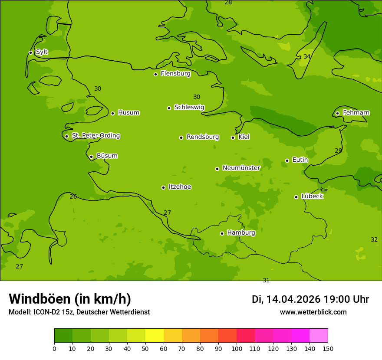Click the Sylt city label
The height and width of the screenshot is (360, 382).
[x=42, y=52]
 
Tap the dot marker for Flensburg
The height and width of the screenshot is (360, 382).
[x=155, y=74]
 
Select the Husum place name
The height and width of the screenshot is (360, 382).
[x=128, y=113]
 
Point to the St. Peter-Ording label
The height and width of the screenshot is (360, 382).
[x=95, y=136]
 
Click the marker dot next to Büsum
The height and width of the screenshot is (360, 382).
[x=91, y=157]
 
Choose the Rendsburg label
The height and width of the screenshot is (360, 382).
[x=203, y=137]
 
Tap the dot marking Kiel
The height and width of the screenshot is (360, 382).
[x=233, y=137]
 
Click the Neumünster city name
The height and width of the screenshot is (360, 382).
[x=241, y=168]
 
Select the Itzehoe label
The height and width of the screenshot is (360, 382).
[x=180, y=187]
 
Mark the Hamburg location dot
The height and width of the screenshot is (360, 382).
[x=222, y=233]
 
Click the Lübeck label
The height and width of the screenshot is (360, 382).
[x=312, y=196]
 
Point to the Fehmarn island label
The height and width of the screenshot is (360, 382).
[x=356, y=113]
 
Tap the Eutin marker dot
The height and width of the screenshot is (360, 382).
[x=287, y=160]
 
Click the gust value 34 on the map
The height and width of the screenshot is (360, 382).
[x=307, y=57]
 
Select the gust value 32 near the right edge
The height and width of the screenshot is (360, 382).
[x=374, y=239]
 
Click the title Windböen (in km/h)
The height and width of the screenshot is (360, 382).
[x=70, y=299]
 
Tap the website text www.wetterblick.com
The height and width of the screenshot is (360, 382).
[x=313, y=312]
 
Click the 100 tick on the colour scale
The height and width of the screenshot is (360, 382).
[x=237, y=348]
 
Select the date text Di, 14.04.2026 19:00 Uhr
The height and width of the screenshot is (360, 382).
[x=310, y=299]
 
